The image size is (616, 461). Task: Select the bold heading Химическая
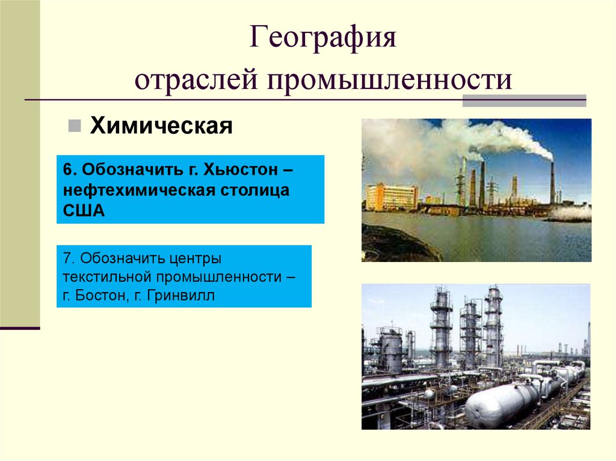click(161, 127)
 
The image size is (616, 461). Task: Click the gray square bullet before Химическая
click(74, 126)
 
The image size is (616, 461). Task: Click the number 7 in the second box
click(66, 258)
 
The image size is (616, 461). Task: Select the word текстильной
click(108, 277)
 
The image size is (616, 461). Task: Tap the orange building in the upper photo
click(391, 197)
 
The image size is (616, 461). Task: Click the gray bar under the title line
click(523, 100)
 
